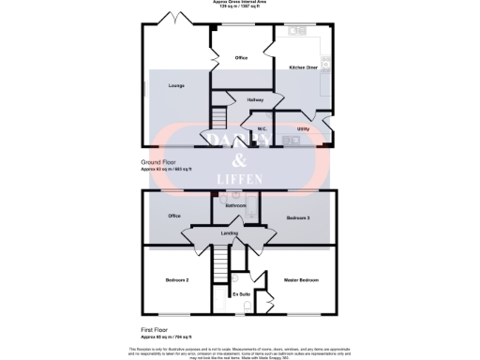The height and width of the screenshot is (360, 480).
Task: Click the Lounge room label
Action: point(176,85)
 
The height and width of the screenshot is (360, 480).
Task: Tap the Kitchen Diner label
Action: point(302,68)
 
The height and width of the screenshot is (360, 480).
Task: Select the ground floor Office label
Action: point(241,58)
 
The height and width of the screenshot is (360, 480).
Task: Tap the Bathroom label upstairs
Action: point(235,205)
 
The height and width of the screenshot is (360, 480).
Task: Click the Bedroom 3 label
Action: point(298,217)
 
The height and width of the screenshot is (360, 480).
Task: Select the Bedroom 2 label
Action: point(178,280)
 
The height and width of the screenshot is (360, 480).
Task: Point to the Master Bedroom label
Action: point(302,280)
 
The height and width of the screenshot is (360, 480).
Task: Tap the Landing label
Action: point(230,233)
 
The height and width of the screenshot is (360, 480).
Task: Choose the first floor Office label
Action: point(174,216)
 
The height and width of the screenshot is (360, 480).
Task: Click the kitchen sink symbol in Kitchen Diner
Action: point(298,31)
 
